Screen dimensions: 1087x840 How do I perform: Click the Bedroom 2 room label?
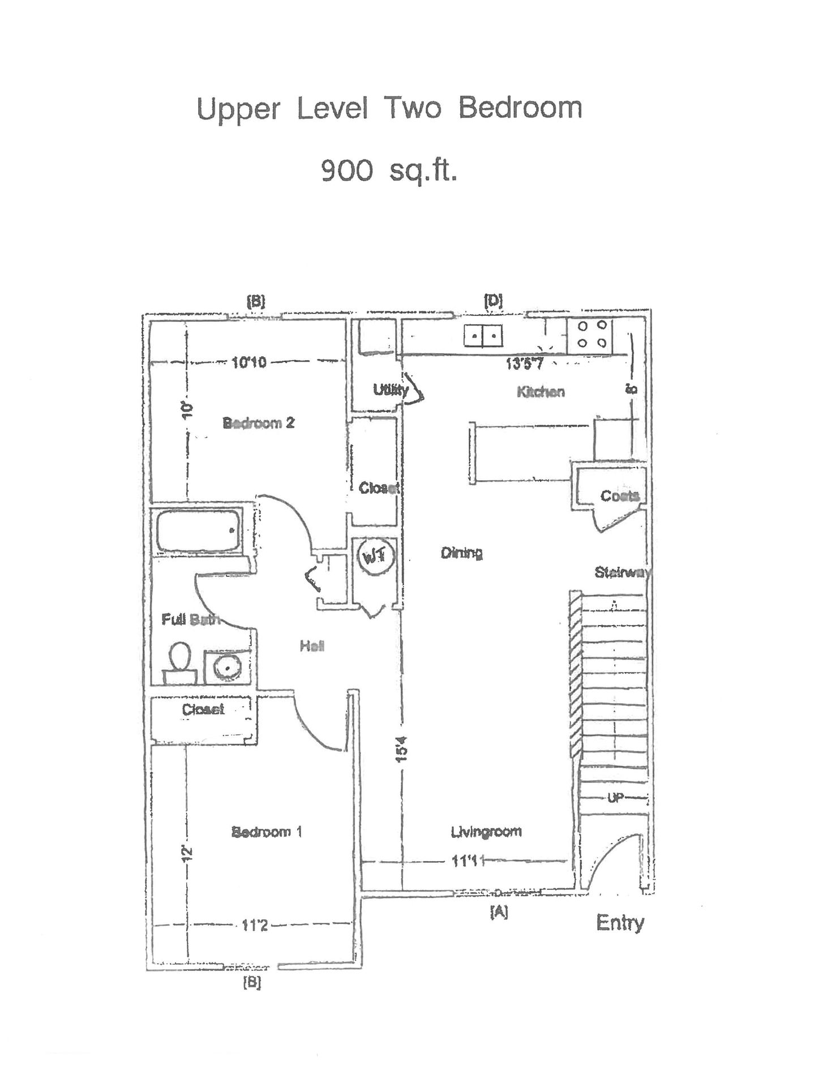(x=258, y=423)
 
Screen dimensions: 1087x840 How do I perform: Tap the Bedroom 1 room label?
(x=267, y=832)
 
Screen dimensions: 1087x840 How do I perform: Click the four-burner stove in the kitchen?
(x=590, y=334)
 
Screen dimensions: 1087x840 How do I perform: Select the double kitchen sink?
(x=483, y=336)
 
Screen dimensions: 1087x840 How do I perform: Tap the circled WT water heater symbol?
(x=373, y=557)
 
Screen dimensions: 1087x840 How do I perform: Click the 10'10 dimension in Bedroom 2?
(x=248, y=362)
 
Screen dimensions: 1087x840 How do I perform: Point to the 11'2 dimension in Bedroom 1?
(x=254, y=926)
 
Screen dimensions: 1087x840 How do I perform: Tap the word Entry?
(x=620, y=923)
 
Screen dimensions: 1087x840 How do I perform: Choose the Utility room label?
(x=391, y=390)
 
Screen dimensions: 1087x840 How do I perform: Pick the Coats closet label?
(x=619, y=496)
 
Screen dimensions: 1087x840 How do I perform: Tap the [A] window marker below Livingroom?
(x=498, y=911)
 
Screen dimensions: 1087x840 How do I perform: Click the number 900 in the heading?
(x=347, y=170)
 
